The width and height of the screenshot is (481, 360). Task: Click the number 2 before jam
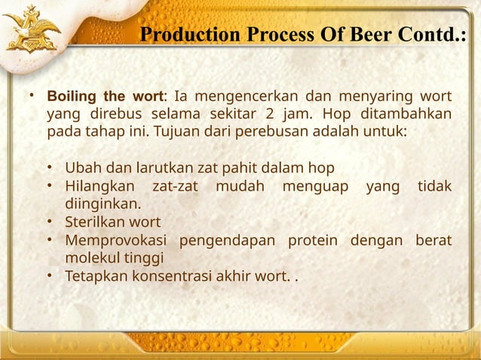point(269,114)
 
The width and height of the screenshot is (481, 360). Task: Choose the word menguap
point(309,185)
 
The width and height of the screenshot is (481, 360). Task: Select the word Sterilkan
point(95,221)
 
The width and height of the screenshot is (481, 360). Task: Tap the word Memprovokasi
point(116,240)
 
